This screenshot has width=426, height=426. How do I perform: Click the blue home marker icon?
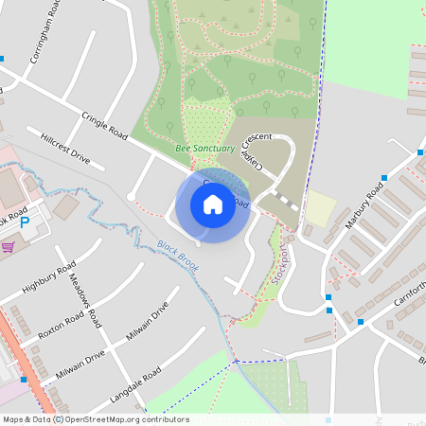(213, 204)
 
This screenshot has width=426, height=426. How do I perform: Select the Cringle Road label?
(104, 128)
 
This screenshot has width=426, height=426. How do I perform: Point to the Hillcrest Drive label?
(65, 149)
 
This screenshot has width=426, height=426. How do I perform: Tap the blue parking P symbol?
(25, 224)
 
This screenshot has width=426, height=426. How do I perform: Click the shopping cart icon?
(9, 246)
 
